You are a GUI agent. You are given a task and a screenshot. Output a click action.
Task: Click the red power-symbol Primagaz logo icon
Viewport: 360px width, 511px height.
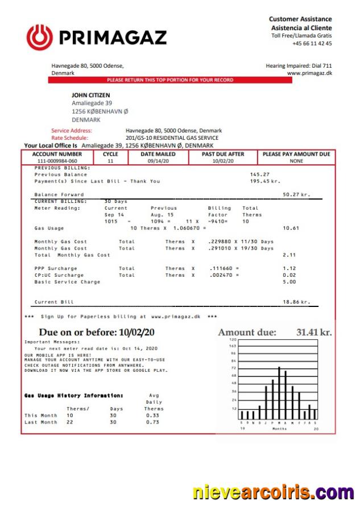point(39,38)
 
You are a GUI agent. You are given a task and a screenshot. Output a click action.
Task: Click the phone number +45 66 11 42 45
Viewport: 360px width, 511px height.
point(312,44)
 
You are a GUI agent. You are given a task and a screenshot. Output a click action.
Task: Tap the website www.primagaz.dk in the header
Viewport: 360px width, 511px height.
point(309,73)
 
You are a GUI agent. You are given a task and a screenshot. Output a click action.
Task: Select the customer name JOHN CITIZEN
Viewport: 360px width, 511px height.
point(91,95)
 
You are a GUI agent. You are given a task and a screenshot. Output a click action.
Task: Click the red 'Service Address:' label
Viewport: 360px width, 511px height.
point(71,131)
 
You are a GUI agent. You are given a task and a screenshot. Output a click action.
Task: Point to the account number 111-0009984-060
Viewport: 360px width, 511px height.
point(57,161)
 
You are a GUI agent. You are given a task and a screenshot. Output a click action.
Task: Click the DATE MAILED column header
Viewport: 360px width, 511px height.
point(158,154)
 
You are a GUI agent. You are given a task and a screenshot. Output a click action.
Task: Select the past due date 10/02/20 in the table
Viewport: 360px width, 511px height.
point(223,161)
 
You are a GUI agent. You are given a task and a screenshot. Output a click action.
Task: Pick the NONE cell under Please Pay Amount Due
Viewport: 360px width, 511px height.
point(296,161)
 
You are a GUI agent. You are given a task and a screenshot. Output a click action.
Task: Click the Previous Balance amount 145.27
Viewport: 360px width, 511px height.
point(259,175)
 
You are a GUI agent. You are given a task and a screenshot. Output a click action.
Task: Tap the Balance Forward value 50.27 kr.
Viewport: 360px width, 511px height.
point(296,195)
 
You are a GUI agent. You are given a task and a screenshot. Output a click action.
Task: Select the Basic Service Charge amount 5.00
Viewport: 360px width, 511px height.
point(289,282)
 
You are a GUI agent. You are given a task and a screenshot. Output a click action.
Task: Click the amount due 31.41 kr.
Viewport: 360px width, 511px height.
point(314,333)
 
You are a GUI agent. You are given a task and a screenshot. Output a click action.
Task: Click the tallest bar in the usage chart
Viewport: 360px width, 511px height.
point(279,393)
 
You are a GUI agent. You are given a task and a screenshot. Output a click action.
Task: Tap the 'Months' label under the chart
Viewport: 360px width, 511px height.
point(280,429)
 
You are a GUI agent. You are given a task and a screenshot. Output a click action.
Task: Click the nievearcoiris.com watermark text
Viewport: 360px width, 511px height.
point(273,492)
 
